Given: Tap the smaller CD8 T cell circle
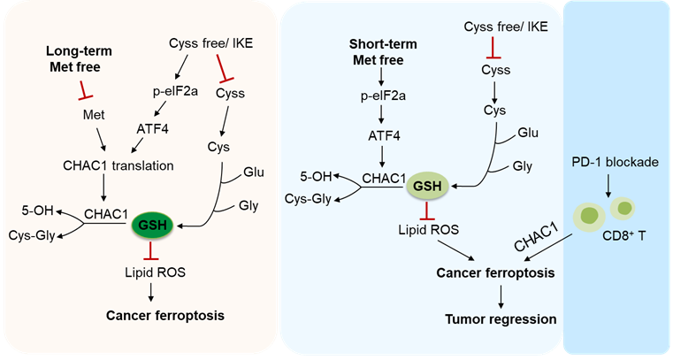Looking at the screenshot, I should point(624,208).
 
